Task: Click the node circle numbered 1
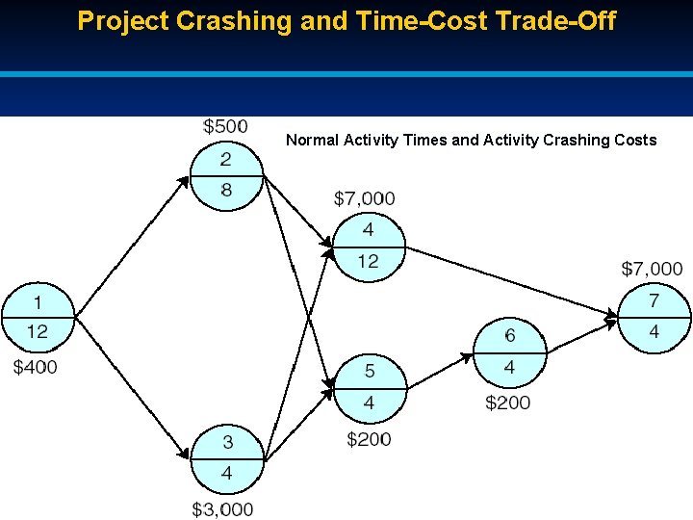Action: pos(38,317)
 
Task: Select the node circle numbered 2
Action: pos(226,175)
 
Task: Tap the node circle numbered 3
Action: pos(226,458)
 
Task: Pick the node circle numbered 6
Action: pos(509,351)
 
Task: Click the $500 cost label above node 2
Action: pos(225,126)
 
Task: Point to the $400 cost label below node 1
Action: pos(36,367)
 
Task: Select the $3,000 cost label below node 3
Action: pos(222,508)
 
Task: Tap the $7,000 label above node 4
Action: pos(364,198)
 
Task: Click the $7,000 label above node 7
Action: pos(652,269)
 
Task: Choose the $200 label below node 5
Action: pos(369,439)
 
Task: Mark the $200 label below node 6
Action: pos(507,403)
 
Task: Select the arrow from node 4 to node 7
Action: pos(510,280)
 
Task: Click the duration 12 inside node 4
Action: pos(368,262)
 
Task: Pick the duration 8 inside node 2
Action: pos(226,191)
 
